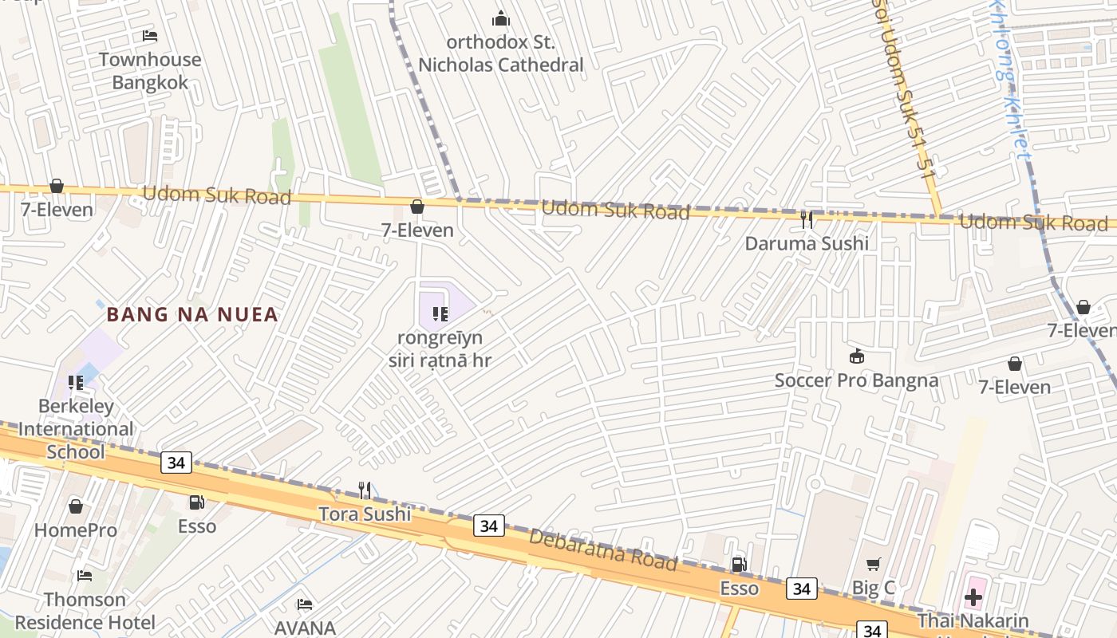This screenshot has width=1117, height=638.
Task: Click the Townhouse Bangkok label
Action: (x=150, y=71)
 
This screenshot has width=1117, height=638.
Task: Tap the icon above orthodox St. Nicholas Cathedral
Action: (x=501, y=18)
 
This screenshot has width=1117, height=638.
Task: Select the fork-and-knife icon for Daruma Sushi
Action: (x=807, y=220)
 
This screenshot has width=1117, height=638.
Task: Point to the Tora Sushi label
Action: (x=365, y=514)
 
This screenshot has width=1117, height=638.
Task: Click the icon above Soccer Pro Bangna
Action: (x=857, y=356)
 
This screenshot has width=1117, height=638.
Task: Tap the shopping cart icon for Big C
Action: (x=874, y=565)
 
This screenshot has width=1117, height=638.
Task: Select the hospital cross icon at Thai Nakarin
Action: (x=973, y=597)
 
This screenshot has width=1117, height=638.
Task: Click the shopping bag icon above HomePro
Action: (x=76, y=506)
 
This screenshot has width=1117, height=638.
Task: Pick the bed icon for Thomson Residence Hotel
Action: (x=85, y=576)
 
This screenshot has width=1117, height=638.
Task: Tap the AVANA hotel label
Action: (x=305, y=628)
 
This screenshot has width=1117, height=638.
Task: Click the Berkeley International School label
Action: (x=76, y=429)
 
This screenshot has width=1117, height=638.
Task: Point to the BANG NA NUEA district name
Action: (x=192, y=314)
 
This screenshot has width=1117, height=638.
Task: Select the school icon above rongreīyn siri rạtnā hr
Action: (x=440, y=314)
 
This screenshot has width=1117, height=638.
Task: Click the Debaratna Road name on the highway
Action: (x=602, y=549)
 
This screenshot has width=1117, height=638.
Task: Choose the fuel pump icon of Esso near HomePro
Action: (x=196, y=502)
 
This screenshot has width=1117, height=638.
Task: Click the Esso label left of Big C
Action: (x=740, y=589)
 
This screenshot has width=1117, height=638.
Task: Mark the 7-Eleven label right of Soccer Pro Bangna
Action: (x=1014, y=388)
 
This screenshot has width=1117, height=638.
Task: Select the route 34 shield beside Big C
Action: (x=801, y=589)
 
